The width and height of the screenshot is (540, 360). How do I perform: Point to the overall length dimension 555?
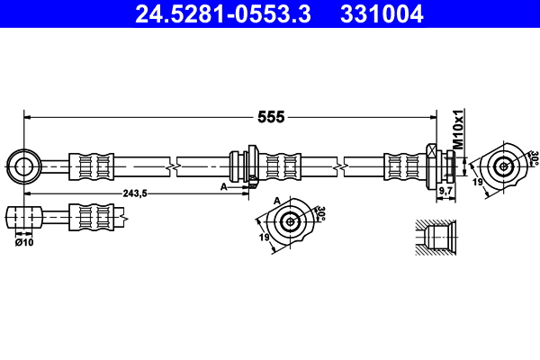click(x=271, y=117)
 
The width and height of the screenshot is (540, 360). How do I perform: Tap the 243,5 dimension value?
click(x=133, y=193)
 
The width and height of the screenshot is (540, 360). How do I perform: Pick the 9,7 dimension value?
click(x=445, y=192)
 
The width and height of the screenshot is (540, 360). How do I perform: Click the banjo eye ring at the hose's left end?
click(x=22, y=166)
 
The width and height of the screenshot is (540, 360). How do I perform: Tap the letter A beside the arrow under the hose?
click(x=223, y=186)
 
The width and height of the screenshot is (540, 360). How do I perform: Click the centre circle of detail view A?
click(x=290, y=222)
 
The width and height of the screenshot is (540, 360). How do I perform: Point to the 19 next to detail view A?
click(x=265, y=238)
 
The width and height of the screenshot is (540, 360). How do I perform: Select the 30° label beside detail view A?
click(x=320, y=213)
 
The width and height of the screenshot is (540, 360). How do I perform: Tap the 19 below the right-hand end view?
click(x=479, y=183)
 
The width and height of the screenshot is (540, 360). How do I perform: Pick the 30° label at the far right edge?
click(x=533, y=157)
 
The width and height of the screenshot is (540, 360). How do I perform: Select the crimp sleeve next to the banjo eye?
click(x=94, y=166)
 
